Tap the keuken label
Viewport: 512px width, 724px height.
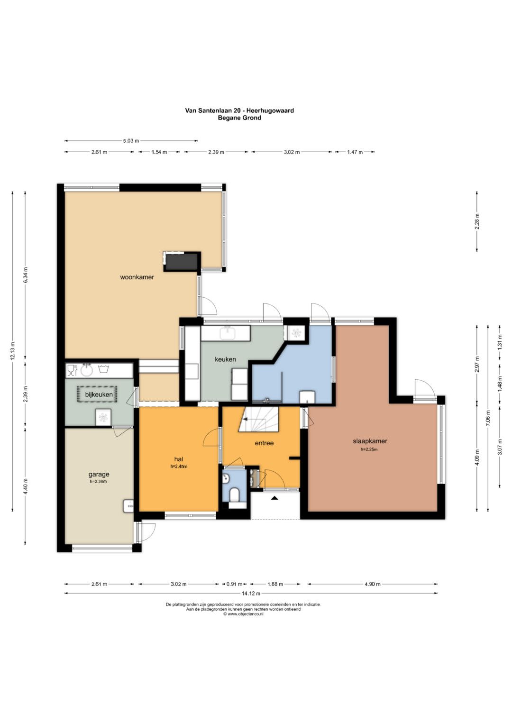coord(225,359)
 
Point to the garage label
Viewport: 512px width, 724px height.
coord(99,475)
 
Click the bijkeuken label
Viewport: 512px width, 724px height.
coord(99,394)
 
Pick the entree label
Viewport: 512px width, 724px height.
coord(264,443)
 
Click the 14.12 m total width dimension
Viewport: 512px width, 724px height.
coord(251,593)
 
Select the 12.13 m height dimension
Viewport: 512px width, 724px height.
coord(13,351)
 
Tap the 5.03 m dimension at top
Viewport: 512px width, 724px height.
coord(131,141)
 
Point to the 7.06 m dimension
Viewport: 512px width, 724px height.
coord(488,418)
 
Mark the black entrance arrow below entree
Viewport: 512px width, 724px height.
coord(274,498)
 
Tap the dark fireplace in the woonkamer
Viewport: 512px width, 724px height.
coord(181,261)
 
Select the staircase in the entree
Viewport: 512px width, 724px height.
coord(258,419)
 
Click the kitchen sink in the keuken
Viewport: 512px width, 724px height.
coord(228,332)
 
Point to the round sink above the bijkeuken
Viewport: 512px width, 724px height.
coord(86,370)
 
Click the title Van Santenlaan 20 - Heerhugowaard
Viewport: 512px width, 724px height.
coord(239,110)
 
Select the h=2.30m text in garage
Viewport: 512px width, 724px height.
coord(99,481)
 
